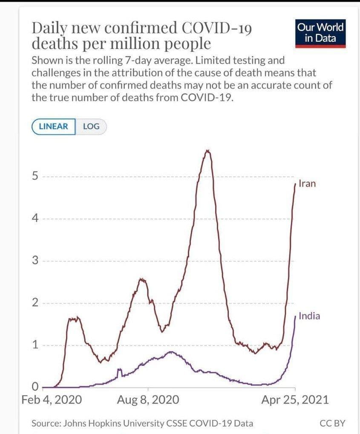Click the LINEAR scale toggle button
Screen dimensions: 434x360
coord(53,126)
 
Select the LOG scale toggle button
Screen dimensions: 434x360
coord(91,126)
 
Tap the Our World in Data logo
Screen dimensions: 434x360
coord(320,33)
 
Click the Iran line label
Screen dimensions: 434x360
coord(307,184)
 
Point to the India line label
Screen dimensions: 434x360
coord(309,316)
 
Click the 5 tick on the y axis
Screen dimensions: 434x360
coord(36,176)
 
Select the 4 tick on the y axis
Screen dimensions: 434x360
coord(36,218)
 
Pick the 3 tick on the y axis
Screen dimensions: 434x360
coord(36,261)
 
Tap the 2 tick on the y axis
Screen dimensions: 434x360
coord(36,303)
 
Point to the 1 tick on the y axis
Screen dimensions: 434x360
coord(36,345)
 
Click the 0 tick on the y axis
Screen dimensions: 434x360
coord(36,387)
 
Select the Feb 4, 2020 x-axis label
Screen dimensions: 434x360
coord(52,400)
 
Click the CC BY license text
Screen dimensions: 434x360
coord(332,423)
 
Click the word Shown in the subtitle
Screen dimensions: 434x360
coord(46,61)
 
